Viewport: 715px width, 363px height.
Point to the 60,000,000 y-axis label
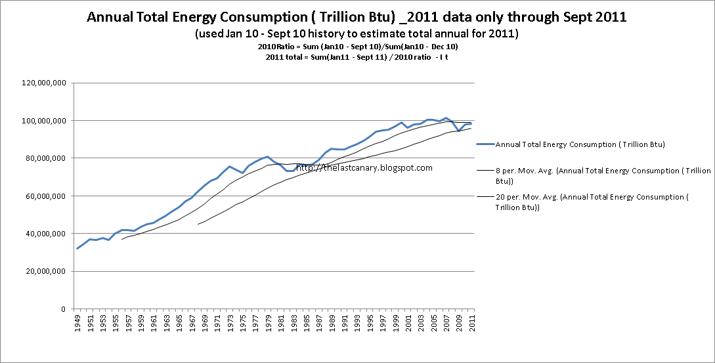(47, 196)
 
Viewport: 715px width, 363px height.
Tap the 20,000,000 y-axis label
(47, 271)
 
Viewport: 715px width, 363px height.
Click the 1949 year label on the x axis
(77, 324)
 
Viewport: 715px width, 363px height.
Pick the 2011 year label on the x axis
(471, 324)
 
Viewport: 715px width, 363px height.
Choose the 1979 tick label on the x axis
(267, 324)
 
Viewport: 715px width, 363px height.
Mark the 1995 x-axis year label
(369, 324)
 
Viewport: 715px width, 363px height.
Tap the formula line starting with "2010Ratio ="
(357, 47)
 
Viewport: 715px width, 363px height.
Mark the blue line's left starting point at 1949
(77, 249)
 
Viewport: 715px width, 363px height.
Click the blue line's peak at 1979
(267, 157)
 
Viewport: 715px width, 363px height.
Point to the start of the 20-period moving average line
(198, 224)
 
